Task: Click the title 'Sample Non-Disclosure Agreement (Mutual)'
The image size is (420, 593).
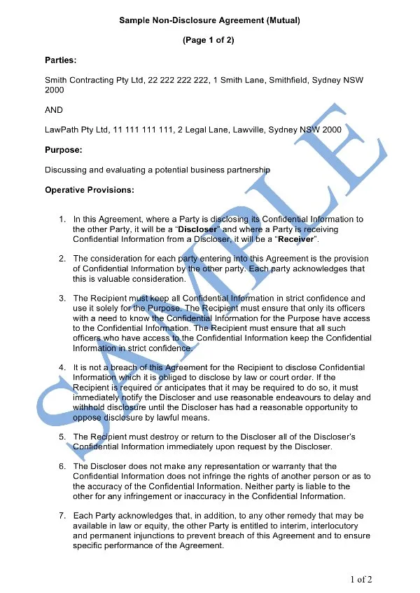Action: (x=209, y=22)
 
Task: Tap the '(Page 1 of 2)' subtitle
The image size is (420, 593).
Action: (x=209, y=41)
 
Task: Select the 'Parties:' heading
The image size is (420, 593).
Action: (x=61, y=60)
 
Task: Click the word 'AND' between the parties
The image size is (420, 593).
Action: (x=54, y=110)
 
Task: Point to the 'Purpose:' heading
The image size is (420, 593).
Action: (x=64, y=150)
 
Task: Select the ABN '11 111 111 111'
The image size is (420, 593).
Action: (x=143, y=130)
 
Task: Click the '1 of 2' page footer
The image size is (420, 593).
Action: (x=360, y=579)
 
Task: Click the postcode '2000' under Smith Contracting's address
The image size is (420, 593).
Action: (x=55, y=90)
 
